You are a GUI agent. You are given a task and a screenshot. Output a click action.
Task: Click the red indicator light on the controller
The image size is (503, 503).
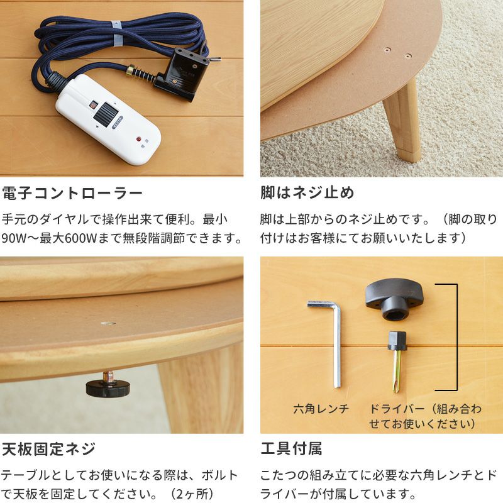[x=138, y=140]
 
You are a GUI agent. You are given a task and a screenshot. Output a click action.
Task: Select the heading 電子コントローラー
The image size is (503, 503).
[x=72, y=193]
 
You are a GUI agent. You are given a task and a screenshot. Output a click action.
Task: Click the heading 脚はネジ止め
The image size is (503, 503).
[x=307, y=193]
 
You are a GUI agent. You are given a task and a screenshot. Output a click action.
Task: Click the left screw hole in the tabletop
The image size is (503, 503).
[x=387, y=50]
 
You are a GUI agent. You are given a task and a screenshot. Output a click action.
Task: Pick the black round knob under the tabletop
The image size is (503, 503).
[x=108, y=387]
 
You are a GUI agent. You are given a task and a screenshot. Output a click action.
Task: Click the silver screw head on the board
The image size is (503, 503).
[x=108, y=323]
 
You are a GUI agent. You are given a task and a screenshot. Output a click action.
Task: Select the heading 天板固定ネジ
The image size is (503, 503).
[x=49, y=449]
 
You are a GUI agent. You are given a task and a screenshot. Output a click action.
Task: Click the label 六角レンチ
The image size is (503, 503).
[x=321, y=409]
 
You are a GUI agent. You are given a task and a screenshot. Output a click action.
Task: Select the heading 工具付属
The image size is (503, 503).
[x=291, y=449]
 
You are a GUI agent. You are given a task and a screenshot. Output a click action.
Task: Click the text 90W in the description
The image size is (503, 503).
[x=11, y=238]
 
